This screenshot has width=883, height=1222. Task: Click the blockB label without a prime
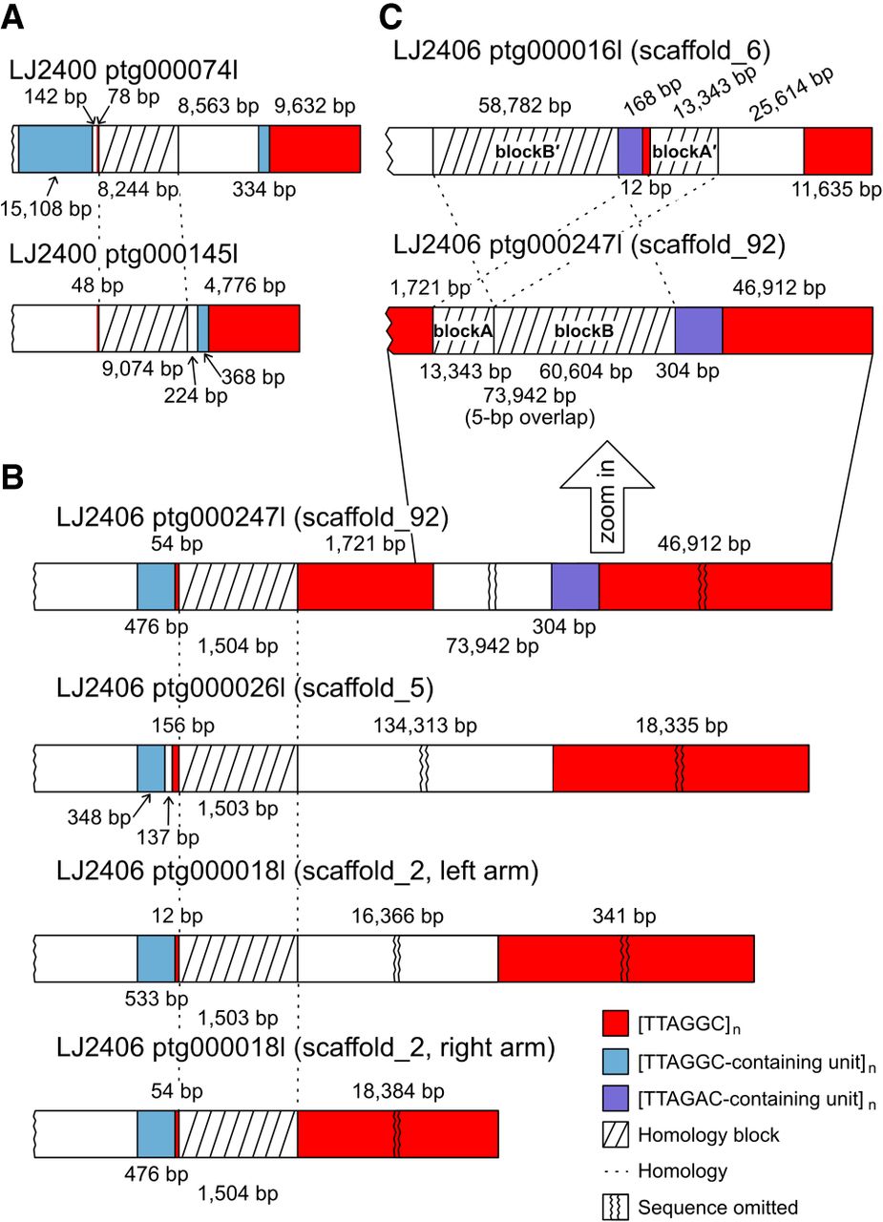click(x=582, y=330)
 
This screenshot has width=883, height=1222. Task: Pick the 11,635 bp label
click(x=836, y=190)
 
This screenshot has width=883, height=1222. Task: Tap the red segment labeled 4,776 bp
click(x=254, y=330)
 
